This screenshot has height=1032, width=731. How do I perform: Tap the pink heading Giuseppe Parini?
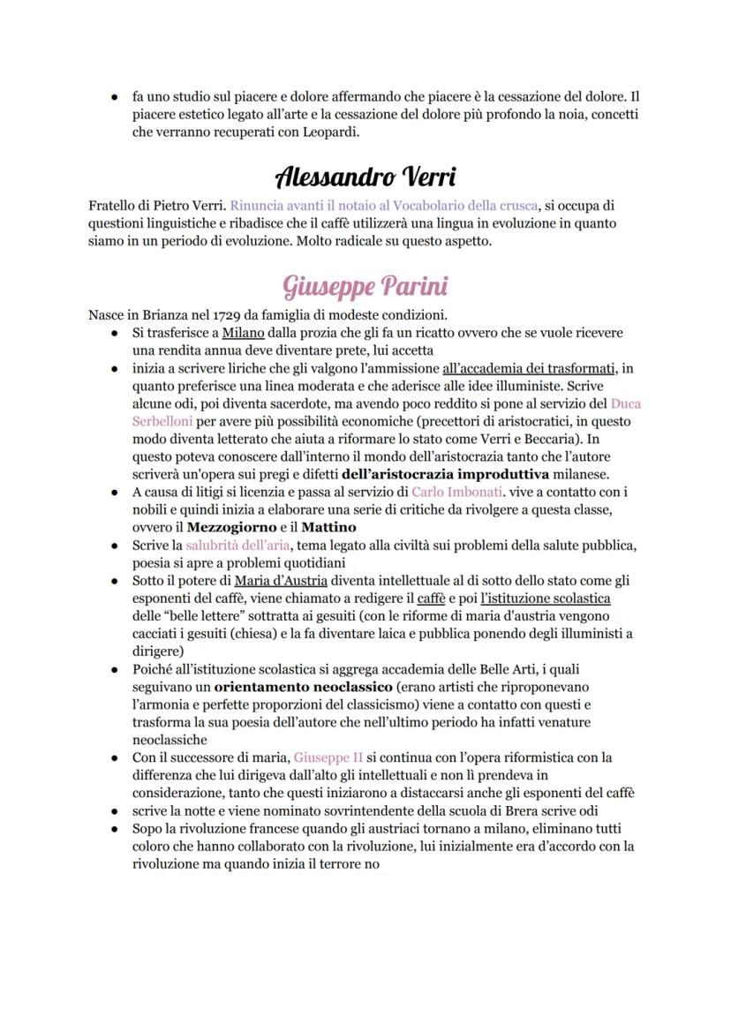tap(365, 286)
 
